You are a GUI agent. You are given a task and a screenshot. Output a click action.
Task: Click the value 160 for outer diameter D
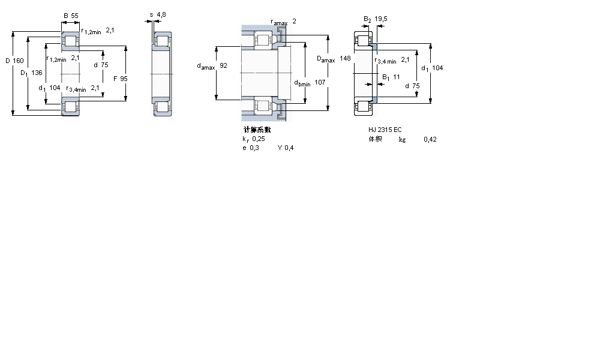pos(19,61)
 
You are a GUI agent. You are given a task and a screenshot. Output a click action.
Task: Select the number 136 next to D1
pos(37,73)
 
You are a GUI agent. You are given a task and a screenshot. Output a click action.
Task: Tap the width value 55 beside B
pos(74,16)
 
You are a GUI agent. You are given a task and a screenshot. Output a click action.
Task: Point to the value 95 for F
pos(124,79)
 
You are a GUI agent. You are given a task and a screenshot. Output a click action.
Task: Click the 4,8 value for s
pos(161,14)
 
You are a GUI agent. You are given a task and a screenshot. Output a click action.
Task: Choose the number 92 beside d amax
pos(224,65)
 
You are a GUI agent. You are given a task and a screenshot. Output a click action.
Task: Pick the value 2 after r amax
pos(294,21)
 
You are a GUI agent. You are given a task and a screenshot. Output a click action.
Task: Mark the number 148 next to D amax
pos(345,58)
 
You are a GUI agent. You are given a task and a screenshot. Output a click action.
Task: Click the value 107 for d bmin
pos(320,83)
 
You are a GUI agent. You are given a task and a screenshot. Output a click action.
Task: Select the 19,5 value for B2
pos(381,19)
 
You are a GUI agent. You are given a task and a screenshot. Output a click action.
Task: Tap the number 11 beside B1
pos(397,77)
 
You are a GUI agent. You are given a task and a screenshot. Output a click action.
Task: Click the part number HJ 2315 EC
pos(385,130)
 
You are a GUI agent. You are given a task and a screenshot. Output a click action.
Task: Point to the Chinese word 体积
pos(375,139)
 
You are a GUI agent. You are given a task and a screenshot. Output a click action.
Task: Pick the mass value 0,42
pos(430,139)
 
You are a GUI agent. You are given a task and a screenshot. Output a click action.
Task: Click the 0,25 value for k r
pos(258,139)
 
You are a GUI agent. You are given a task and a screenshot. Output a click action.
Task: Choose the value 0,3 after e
pos(255,148)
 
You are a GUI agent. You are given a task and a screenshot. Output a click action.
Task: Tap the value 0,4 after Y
pos(289,148)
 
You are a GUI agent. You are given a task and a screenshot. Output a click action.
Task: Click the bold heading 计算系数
pos(257,129)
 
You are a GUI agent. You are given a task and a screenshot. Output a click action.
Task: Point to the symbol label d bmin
pos(302,83)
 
